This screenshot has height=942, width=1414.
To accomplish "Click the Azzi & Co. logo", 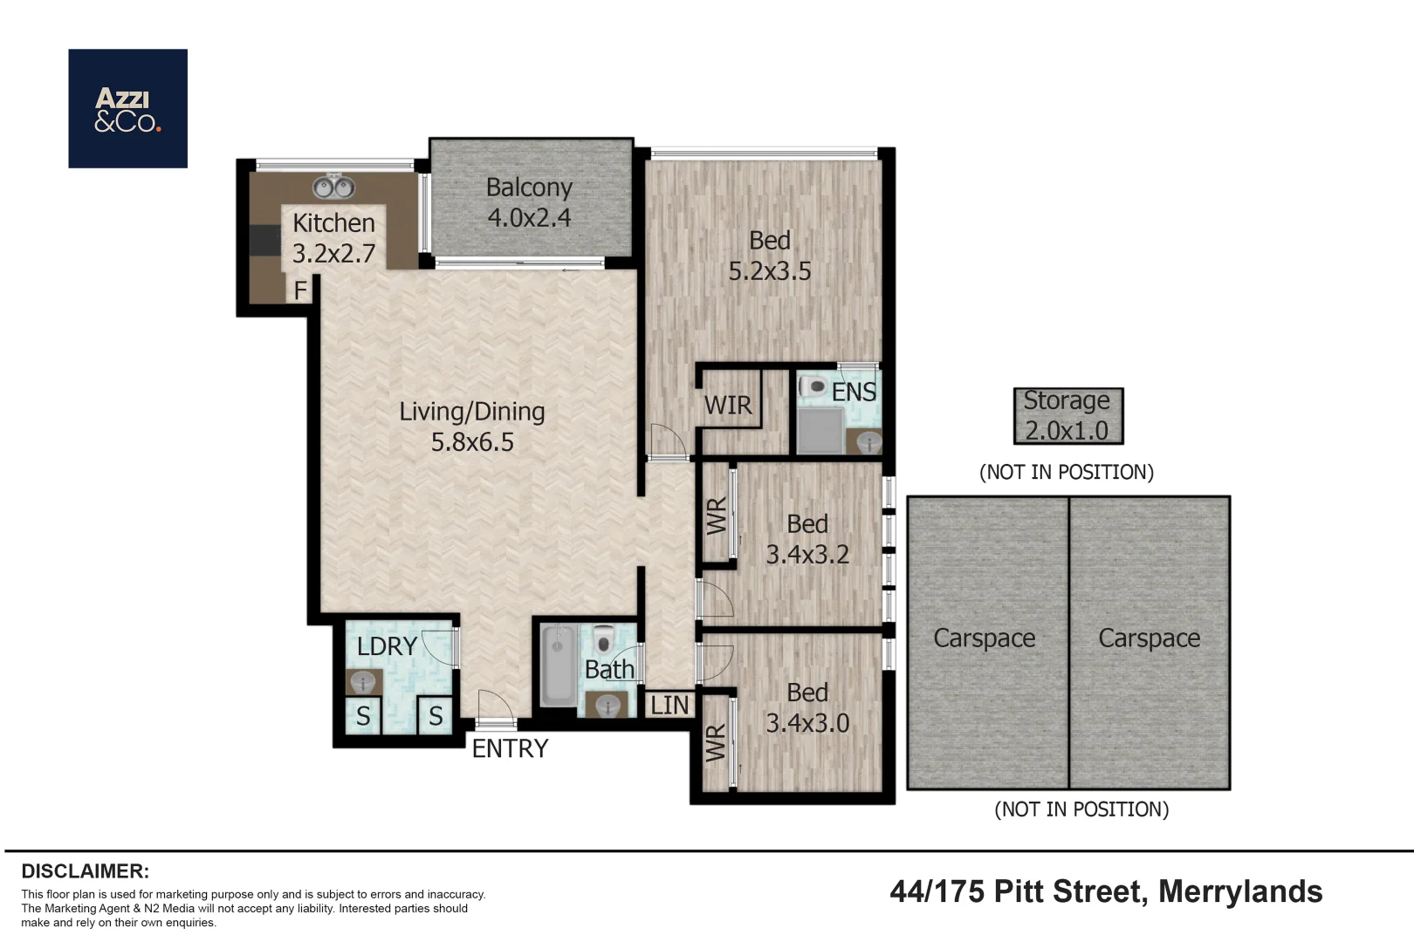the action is tap(127, 108).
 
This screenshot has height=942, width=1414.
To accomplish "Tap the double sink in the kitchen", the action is tap(334, 187).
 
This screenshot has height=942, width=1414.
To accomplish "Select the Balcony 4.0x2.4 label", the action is tap(529, 202).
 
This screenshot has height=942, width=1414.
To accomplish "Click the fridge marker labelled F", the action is tap(300, 290).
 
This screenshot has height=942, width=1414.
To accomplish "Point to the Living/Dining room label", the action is tap(472, 427).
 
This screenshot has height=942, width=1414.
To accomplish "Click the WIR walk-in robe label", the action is tap(728, 406).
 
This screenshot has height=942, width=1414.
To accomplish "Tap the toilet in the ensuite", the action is tap(813, 386).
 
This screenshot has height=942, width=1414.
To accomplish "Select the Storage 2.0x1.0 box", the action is tap(1068, 416).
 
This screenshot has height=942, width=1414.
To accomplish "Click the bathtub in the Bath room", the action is tap(558, 666).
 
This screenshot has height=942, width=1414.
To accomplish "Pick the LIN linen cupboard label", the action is tap(669, 706).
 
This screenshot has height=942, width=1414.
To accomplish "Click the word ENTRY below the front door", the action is tap(510, 749).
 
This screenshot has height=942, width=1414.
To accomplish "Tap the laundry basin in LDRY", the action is tap(363, 683).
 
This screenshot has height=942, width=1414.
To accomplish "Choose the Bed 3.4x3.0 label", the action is tap(807, 708).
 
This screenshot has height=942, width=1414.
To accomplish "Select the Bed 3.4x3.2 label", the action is tap(807, 539).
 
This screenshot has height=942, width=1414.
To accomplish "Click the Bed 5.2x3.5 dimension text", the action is tap(770, 271).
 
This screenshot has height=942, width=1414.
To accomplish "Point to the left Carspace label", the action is tap(984, 638).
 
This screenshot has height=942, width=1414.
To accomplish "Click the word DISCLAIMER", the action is tap(86, 871).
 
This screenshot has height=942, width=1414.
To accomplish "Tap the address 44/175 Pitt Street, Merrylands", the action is tap(1106, 892).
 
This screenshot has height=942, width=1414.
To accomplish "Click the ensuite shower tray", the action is tap(820, 430).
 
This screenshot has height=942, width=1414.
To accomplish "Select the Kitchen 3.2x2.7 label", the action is tap(334, 238).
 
